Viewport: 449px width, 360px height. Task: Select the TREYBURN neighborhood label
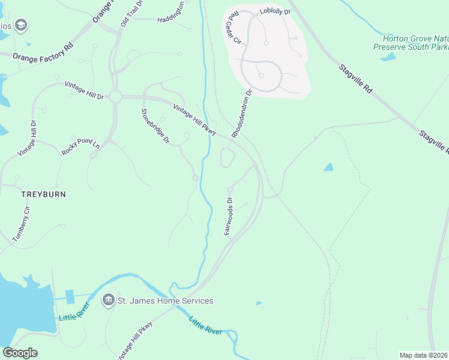click(43, 194)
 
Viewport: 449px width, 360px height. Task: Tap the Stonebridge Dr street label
click(155, 126)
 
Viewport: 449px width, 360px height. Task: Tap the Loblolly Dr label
click(275, 11)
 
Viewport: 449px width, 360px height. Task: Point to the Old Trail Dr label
click(132, 13)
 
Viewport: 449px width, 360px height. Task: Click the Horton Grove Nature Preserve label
click(411, 42)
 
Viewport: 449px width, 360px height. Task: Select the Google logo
click(20, 353)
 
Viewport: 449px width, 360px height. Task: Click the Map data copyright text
click(424, 355)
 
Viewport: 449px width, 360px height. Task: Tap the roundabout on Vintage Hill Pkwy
click(115, 96)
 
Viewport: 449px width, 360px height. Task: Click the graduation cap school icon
click(22, 25)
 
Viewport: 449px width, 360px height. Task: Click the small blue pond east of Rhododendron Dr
click(328, 167)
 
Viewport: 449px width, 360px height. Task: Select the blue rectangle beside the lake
click(70, 296)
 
